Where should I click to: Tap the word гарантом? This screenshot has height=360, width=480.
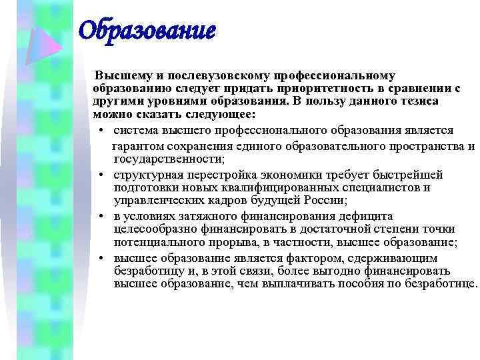pyautogui.click(x=137, y=146)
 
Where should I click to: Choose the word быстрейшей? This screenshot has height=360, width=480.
pyautogui.click(x=409, y=175)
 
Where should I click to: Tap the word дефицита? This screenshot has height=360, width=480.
pyautogui.click(x=368, y=216)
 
